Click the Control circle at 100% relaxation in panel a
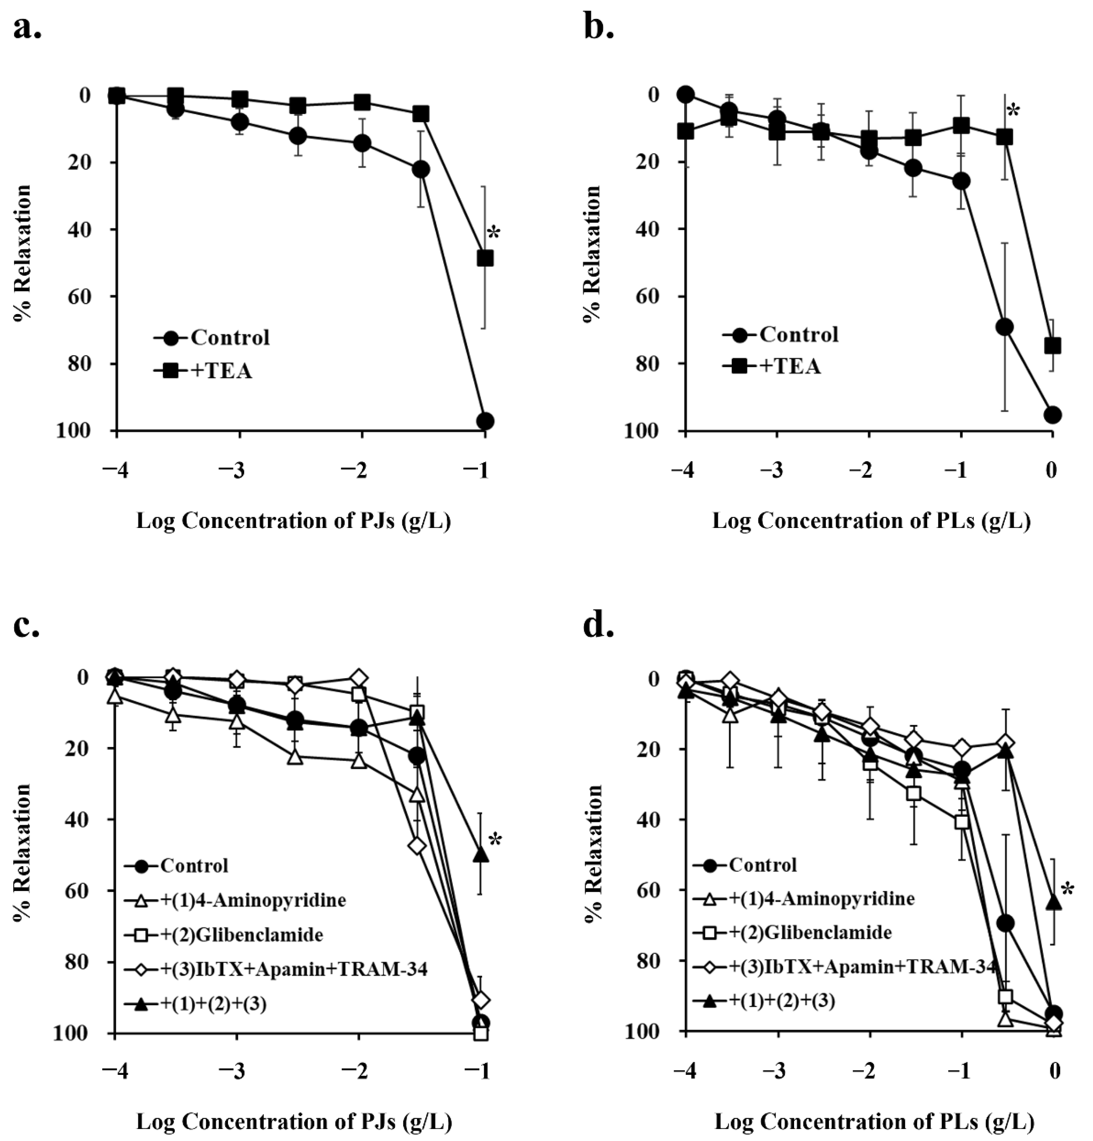click(x=485, y=421)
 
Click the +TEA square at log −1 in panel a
click(x=485, y=258)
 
